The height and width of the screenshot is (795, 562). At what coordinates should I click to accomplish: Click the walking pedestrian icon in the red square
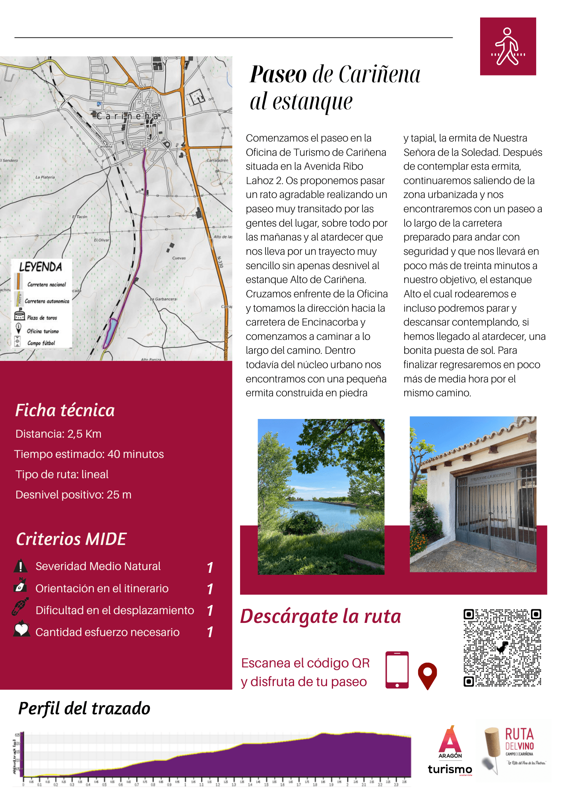tap(508, 47)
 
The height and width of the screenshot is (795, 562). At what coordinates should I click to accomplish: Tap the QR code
tap(502, 648)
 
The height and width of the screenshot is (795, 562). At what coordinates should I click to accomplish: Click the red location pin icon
tap(427, 675)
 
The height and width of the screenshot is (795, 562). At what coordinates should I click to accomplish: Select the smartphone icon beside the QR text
tap(397, 670)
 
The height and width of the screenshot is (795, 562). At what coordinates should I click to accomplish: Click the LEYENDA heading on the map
tap(41, 267)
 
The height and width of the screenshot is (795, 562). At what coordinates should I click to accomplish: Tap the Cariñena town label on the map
tap(127, 116)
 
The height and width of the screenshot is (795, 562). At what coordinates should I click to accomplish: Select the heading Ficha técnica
tap(65, 410)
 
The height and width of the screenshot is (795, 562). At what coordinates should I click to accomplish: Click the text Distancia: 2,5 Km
tap(58, 434)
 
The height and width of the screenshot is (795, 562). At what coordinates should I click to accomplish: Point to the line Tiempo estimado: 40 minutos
tap(89, 454)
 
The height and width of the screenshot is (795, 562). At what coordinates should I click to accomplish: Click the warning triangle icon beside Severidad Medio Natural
tap(20, 566)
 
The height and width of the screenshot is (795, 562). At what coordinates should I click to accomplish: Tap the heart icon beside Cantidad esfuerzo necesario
tap(21, 629)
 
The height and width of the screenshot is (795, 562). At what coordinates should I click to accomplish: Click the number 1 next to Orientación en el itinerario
tap(210, 589)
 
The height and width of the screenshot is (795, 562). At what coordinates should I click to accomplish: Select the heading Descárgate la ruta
tap(320, 617)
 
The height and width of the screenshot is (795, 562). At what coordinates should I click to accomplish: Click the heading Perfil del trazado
tap(84, 709)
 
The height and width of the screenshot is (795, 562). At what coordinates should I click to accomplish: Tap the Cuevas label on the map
tap(179, 258)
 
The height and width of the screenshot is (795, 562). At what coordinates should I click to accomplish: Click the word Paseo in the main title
tap(278, 74)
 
